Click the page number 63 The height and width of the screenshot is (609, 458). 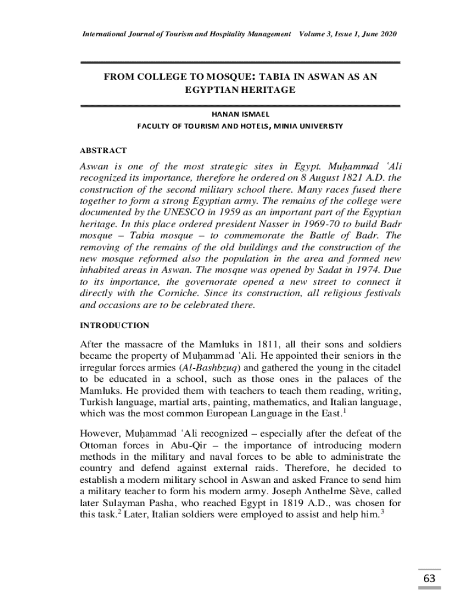click(x=429, y=579)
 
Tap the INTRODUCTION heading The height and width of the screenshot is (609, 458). click(x=114, y=325)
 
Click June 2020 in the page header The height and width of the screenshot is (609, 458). click(x=377, y=34)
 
